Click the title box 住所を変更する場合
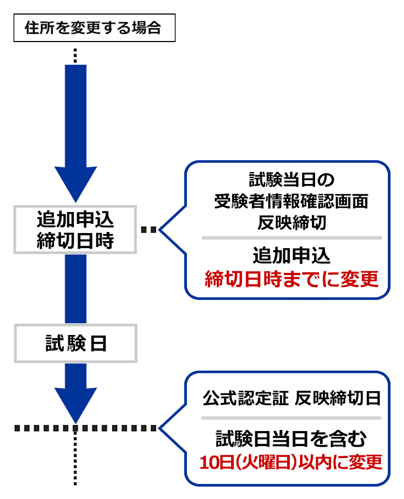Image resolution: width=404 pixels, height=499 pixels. click(94, 29)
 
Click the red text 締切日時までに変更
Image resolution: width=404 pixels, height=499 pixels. click(291, 279)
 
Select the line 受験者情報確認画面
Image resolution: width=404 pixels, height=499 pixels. click(291, 201)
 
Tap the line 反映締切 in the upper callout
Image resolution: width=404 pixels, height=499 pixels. click(291, 222)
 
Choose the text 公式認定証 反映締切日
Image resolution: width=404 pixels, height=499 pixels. click(291, 398)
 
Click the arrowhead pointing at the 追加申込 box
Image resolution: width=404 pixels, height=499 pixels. click(76, 183)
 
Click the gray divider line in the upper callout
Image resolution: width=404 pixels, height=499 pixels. click(291, 237)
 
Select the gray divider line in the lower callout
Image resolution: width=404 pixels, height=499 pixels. click(291, 418)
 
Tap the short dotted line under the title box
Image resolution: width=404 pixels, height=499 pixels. click(76, 56)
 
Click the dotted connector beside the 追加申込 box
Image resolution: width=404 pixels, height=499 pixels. click(149, 230)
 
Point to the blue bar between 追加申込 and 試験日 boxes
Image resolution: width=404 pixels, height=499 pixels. click(76, 289)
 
